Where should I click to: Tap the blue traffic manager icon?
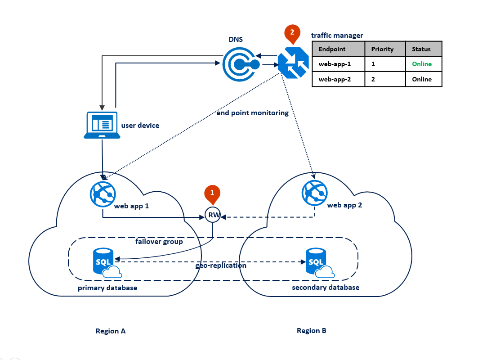tap(293, 62)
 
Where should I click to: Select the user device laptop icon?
tap(102, 125)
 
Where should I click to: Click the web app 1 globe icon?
tap(103, 194)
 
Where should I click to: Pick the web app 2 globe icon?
tap(314, 193)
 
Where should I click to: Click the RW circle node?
tap(213, 215)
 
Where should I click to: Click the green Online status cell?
tap(422, 64)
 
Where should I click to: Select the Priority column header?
tap(382, 49)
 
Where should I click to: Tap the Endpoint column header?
tap(332, 49)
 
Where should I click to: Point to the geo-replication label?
tap(221, 265)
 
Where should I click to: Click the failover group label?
tap(159, 242)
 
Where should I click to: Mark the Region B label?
tap(311, 331)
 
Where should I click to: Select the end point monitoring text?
tap(252, 113)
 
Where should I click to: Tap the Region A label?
tap(111, 331)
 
